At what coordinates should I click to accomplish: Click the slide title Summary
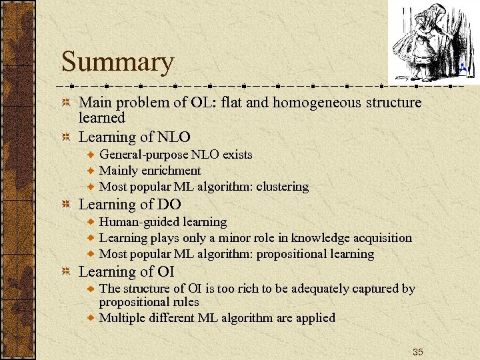(x=117, y=62)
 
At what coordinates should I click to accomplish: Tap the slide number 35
(x=417, y=351)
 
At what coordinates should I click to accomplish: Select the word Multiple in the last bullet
(x=122, y=318)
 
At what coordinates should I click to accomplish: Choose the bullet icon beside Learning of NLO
(x=65, y=137)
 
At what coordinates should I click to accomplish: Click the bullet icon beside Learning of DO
(x=65, y=205)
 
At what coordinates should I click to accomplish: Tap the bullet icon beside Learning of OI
(x=65, y=272)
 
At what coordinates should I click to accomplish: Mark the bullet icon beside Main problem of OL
(x=65, y=103)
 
